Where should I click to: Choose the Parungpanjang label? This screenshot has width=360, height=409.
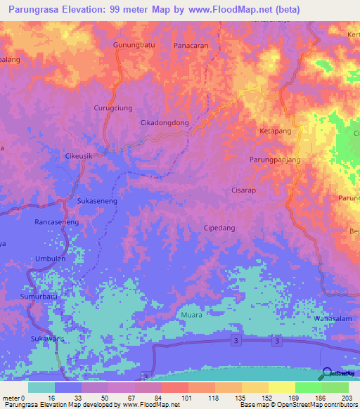tap(275, 160)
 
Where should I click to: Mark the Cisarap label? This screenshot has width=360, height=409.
tap(243, 190)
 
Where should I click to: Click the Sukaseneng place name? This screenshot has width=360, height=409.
tap(97, 200)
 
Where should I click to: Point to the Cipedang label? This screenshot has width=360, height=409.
tap(219, 228)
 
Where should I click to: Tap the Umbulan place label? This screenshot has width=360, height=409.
tap(41, 258)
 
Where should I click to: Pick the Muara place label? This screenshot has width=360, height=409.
tap(191, 315)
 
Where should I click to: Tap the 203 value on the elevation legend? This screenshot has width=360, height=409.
tap(344, 397)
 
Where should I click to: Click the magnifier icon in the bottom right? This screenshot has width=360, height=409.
tap(327, 375)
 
